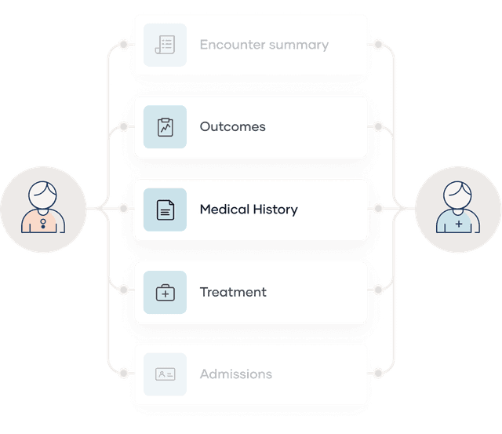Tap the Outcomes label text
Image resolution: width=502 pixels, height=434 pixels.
(x=232, y=127)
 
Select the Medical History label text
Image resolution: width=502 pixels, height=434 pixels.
(x=249, y=210)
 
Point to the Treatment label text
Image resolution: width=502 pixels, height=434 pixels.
(x=233, y=292)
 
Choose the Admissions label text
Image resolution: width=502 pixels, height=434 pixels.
(x=236, y=374)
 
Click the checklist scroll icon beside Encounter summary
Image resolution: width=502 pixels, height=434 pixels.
(x=165, y=45)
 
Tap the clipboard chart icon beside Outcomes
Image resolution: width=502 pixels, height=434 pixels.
(x=165, y=127)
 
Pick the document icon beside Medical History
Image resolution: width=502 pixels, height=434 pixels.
(x=165, y=210)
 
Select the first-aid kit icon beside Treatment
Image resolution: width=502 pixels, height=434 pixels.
(x=165, y=293)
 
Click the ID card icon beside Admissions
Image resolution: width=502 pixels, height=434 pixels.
(x=165, y=374)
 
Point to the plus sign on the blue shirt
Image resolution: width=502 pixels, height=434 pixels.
(x=459, y=224)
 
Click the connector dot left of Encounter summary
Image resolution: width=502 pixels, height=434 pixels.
(x=122, y=45)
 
